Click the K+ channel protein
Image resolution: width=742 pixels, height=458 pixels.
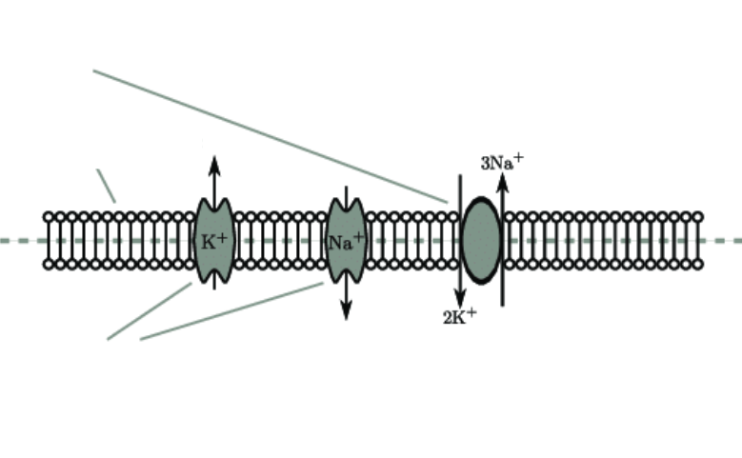point(213,257)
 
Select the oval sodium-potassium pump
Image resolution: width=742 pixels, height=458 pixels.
point(481,240)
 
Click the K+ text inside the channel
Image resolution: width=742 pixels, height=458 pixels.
point(213,241)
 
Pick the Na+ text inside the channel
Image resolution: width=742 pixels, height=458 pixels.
point(345,242)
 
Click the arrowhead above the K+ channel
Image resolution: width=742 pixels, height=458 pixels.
point(214,165)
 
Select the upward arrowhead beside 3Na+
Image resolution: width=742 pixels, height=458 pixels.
point(502,183)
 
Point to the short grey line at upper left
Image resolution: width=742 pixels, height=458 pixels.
point(106,186)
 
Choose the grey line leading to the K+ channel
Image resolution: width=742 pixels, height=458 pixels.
point(150,310)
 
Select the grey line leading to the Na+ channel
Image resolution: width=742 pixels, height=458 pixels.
point(233,310)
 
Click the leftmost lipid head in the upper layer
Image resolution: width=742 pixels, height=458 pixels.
point(50,218)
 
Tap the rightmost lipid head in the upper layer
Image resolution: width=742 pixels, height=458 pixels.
point(697,218)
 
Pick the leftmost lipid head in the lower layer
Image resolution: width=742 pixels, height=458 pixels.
point(50,264)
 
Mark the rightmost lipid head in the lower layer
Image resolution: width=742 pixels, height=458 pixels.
point(697,264)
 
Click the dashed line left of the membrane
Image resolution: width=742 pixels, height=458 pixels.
point(19,241)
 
